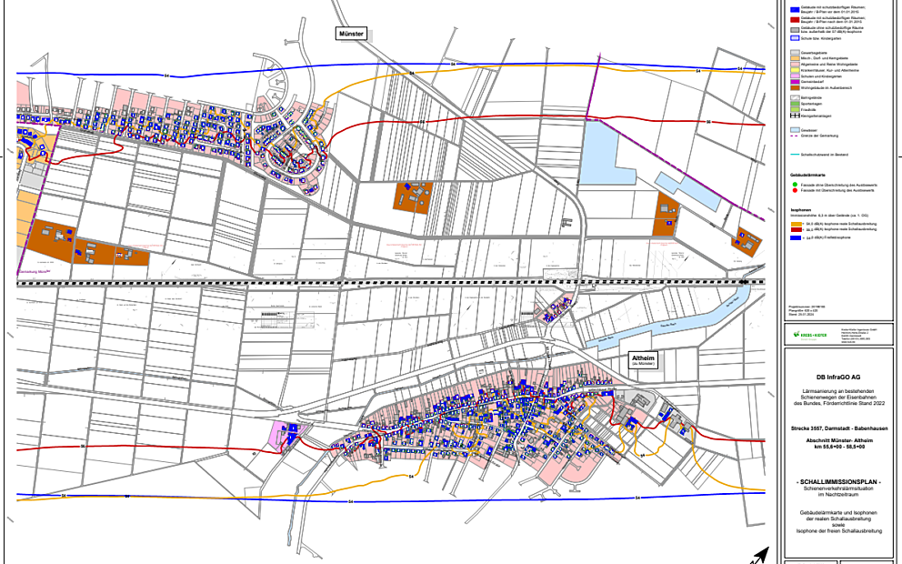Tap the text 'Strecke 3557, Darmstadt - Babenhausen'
coord(839,427)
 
